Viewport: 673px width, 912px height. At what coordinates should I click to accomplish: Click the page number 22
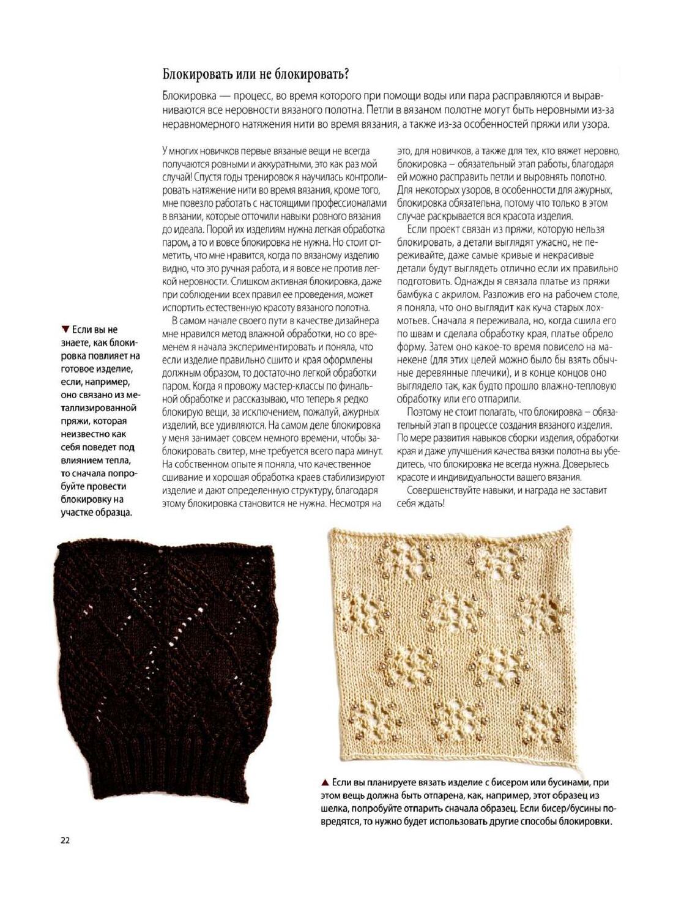[x=65, y=840]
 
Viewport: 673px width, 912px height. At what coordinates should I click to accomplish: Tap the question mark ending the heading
[x=346, y=75]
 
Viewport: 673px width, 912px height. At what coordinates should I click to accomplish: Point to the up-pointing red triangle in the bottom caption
[x=324, y=782]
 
